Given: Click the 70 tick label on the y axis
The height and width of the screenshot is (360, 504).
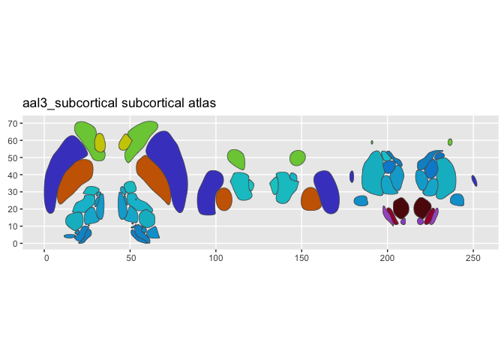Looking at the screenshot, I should [x=13, y=123].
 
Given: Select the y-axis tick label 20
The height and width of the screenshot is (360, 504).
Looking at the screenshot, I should [x=13, y=209].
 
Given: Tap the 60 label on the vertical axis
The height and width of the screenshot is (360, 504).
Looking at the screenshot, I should [x=13, y=140].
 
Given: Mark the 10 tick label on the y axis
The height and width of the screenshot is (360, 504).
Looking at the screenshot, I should [x=13, y=226].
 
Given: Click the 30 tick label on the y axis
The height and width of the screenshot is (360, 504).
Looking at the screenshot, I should [x=13, y=192].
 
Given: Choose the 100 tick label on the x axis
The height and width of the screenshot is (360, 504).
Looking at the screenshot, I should [x=216, y=258].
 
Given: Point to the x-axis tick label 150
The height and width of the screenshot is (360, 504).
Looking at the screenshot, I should [x=301, y=258].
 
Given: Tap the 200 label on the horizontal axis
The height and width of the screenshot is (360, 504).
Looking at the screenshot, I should [x=387, y=258].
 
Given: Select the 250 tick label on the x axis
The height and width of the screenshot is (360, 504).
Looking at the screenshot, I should [x=472, y=258].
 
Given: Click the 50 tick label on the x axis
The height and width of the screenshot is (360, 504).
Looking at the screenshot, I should [x=130, y=258].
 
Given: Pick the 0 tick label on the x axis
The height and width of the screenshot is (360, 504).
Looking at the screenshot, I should [x=45, y=258].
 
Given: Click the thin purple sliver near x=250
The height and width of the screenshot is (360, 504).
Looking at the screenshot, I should [x=474, y=181].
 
